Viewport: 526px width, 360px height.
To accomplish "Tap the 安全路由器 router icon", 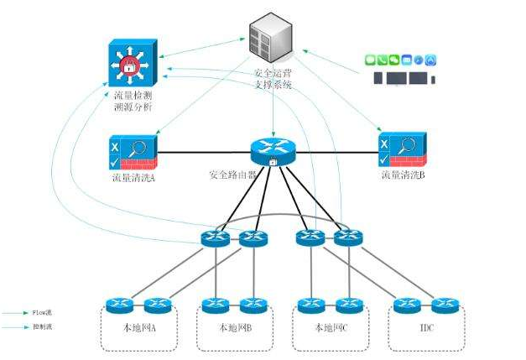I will (x=273, y=150).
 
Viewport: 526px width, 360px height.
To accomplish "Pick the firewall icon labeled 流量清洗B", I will (x=404, y=150).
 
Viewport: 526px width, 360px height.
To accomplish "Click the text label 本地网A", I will (x=138, y=327).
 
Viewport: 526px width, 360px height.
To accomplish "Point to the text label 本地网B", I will (x=235, y=327).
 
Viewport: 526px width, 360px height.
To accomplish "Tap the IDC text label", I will (x=426, y=327).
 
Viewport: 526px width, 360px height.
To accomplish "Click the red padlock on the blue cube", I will (x=130, y=65).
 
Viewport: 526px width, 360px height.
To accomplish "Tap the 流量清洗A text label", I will (x=134, y=177).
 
